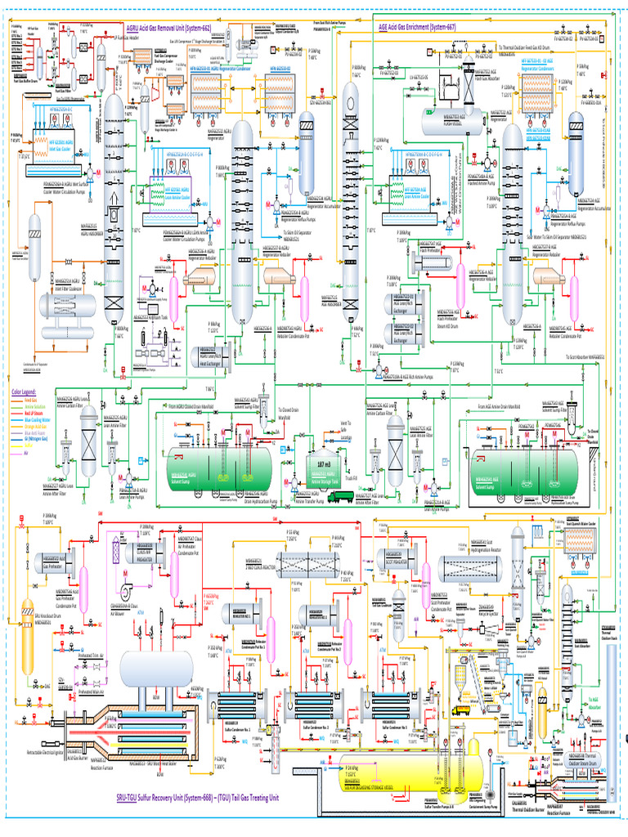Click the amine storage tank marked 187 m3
point(321,466)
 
